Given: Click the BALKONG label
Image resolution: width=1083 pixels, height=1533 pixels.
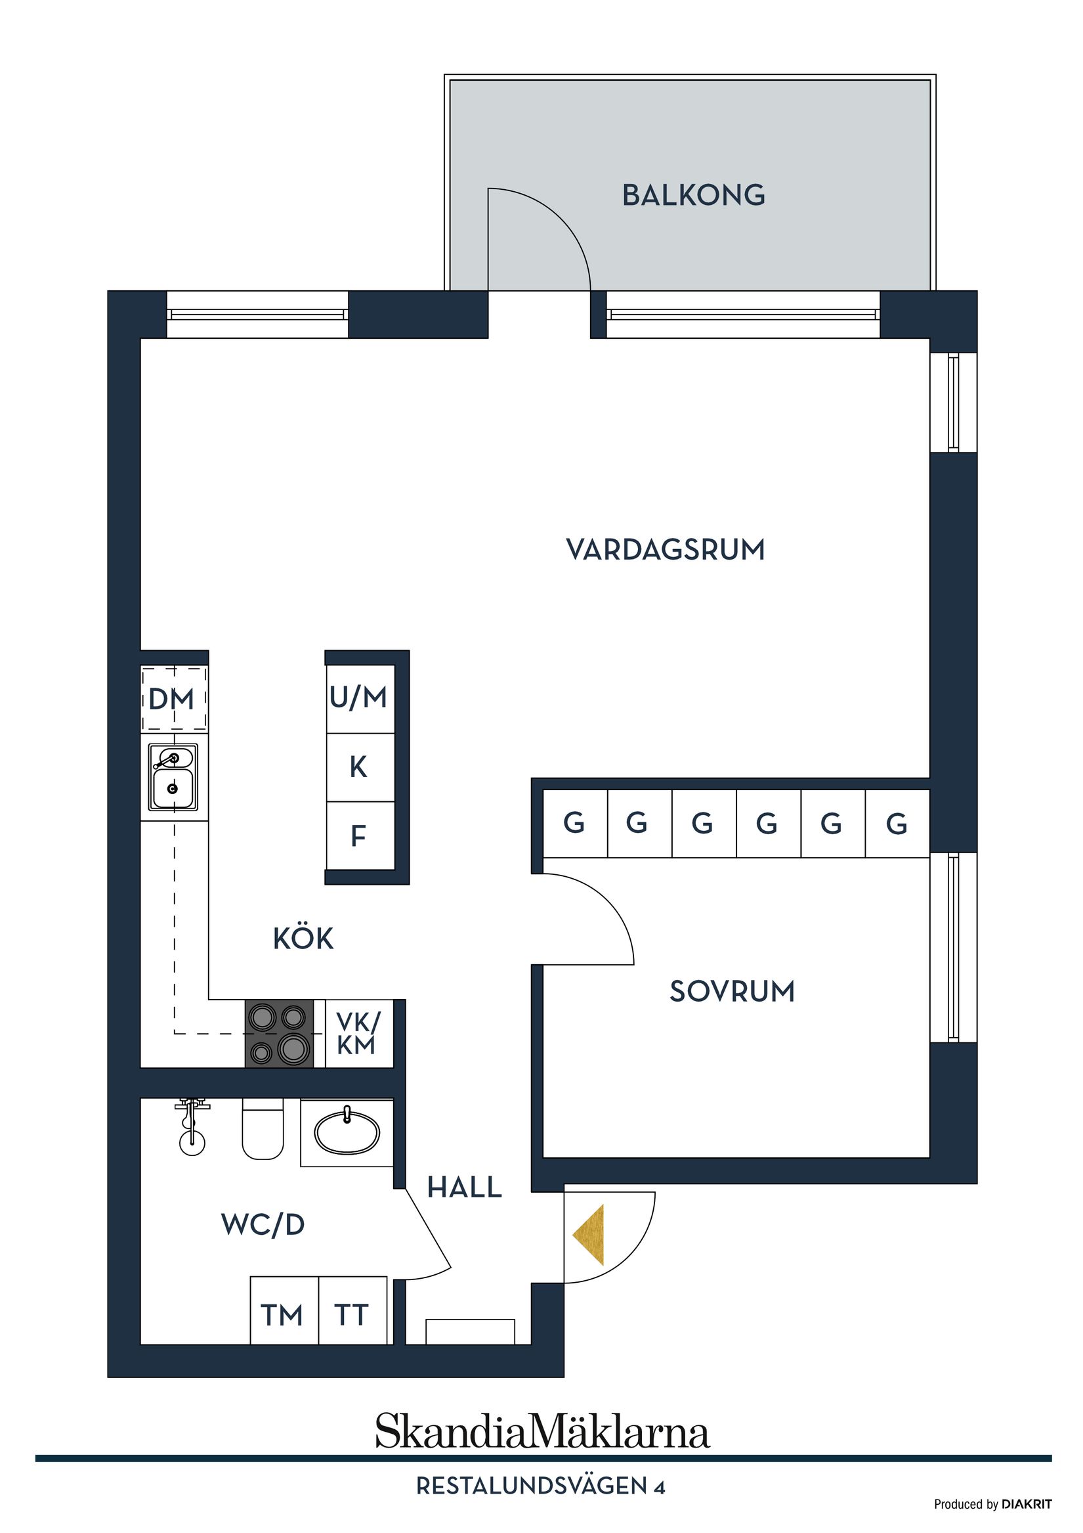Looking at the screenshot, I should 693,195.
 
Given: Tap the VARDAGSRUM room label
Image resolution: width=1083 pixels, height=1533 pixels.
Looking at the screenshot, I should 666,550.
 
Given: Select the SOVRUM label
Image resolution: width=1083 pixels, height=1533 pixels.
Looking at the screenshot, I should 732,992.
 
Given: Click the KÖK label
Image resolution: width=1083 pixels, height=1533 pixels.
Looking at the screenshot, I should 303,939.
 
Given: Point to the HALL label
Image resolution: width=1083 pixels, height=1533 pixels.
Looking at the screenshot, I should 465,1187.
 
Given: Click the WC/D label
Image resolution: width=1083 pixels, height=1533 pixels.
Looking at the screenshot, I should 263,1224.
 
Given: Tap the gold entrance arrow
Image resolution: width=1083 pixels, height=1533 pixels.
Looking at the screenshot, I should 589,1235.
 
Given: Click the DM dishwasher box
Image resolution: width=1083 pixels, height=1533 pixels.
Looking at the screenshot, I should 173,699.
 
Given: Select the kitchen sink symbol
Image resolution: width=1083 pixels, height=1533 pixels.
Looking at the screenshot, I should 173,777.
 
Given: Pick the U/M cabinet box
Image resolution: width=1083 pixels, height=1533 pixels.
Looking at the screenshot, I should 360,698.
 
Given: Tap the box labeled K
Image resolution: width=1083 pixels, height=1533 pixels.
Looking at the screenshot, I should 360,768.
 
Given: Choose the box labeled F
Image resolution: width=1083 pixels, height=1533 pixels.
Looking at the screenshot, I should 360,836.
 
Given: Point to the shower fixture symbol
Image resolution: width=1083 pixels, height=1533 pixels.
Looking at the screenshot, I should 192,1127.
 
